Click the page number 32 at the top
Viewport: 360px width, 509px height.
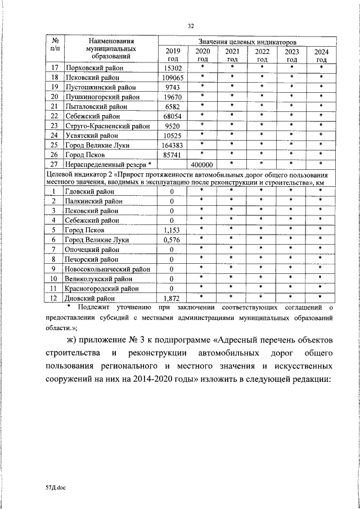click(x=191, y=25)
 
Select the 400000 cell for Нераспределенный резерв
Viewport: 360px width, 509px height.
click(x=202, y=165)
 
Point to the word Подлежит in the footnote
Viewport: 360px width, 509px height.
click(x=94, y=308)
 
